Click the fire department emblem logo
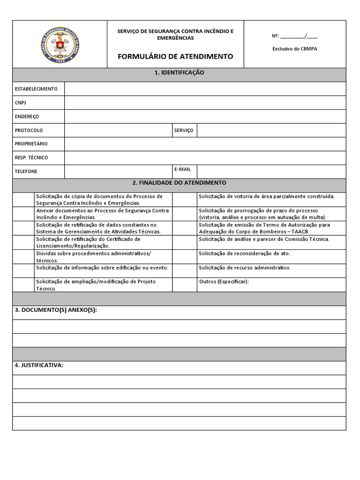click(60, 44)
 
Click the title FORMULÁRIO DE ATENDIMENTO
click(175, 56)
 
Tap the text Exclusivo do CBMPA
click(294, 48)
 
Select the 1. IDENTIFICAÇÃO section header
click(179, 73)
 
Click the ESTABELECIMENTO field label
click(37, 89)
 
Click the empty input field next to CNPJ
click(205, 103)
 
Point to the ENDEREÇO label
click(27, 116)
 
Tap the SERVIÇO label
click(184, 130)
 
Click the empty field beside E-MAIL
click(271, 172)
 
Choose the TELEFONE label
click(26, 172)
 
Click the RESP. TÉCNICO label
click(31, 157)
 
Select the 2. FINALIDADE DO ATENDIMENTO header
click(179, 183)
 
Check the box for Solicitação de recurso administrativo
click(184, 270)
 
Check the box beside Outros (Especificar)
click(184, 285)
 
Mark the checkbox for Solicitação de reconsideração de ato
click(184, 256)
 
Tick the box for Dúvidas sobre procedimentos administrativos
click(22, 256)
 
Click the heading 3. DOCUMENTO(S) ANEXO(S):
click(56, 311)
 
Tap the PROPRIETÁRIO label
click(31, 144)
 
